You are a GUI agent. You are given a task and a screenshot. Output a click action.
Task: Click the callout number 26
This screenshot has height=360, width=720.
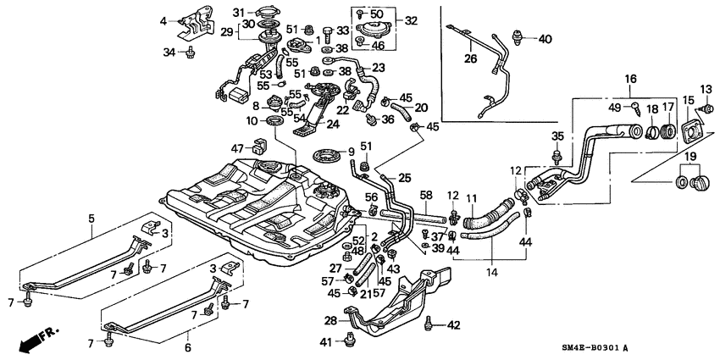(x=471, y=58)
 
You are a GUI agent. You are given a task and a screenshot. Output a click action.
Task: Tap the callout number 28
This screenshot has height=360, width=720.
(x=330, y=321)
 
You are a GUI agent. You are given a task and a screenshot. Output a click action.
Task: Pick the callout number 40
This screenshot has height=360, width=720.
(x=545, y=39)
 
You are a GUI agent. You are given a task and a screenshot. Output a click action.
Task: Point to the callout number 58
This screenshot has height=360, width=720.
(x=427, y=196)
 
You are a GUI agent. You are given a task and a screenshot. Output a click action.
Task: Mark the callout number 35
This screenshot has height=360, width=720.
(x=557, y=136)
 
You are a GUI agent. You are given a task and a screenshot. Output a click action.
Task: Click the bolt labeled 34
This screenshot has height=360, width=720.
(x=192, y=53)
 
